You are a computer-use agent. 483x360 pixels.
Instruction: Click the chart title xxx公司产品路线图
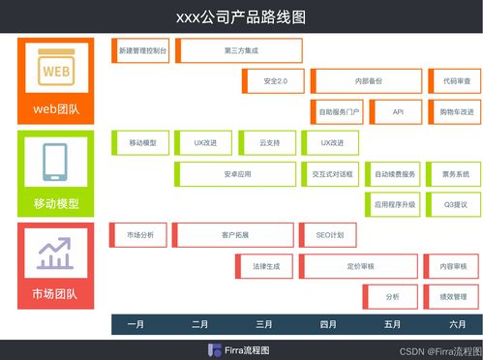[x=241, y=16]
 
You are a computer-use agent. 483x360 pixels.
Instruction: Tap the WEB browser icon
[x=55, y=71]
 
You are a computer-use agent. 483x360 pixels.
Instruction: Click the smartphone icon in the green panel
[x=55, y=162]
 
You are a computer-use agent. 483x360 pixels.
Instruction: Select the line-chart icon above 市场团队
[x=55, y=253]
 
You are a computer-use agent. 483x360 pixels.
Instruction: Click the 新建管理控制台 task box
[x=141, y=49]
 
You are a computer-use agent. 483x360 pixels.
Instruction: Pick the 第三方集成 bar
[x=241, y=49]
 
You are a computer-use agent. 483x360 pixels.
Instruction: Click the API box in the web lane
[x=398, y=112]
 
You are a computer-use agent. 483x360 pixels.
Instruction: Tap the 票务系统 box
[x=452, y=174]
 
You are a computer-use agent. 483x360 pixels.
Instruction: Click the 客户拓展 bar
[x=234, y=235]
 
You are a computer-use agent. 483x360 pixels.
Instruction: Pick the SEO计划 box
[x=328, y=235]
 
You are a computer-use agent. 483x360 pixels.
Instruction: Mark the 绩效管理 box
[x=451, y=296]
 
